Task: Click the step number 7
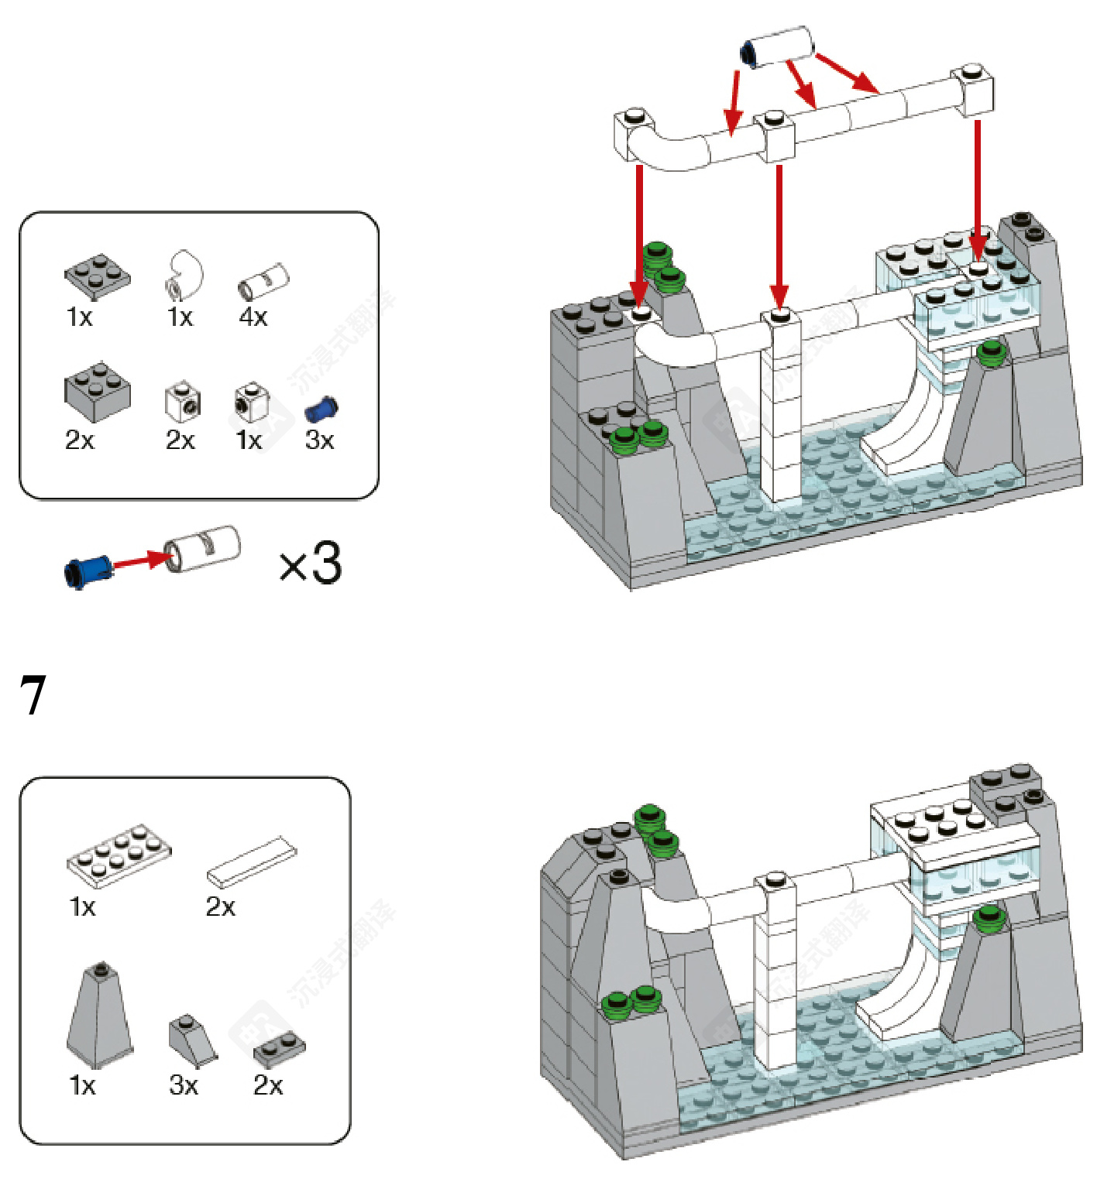33,694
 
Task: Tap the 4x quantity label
253,317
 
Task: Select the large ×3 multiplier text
311,563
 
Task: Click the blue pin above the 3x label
321,408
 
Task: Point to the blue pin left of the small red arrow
87,571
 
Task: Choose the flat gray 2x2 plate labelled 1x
97,276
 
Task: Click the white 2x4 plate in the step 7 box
119,855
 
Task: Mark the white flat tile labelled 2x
252,861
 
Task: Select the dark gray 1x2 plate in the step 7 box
279,1049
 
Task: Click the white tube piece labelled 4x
263,281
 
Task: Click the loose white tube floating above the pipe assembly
779,47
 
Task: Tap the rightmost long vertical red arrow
978,190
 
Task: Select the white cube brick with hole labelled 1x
251,400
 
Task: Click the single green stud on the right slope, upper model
991,353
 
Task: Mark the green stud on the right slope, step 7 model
989,919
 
